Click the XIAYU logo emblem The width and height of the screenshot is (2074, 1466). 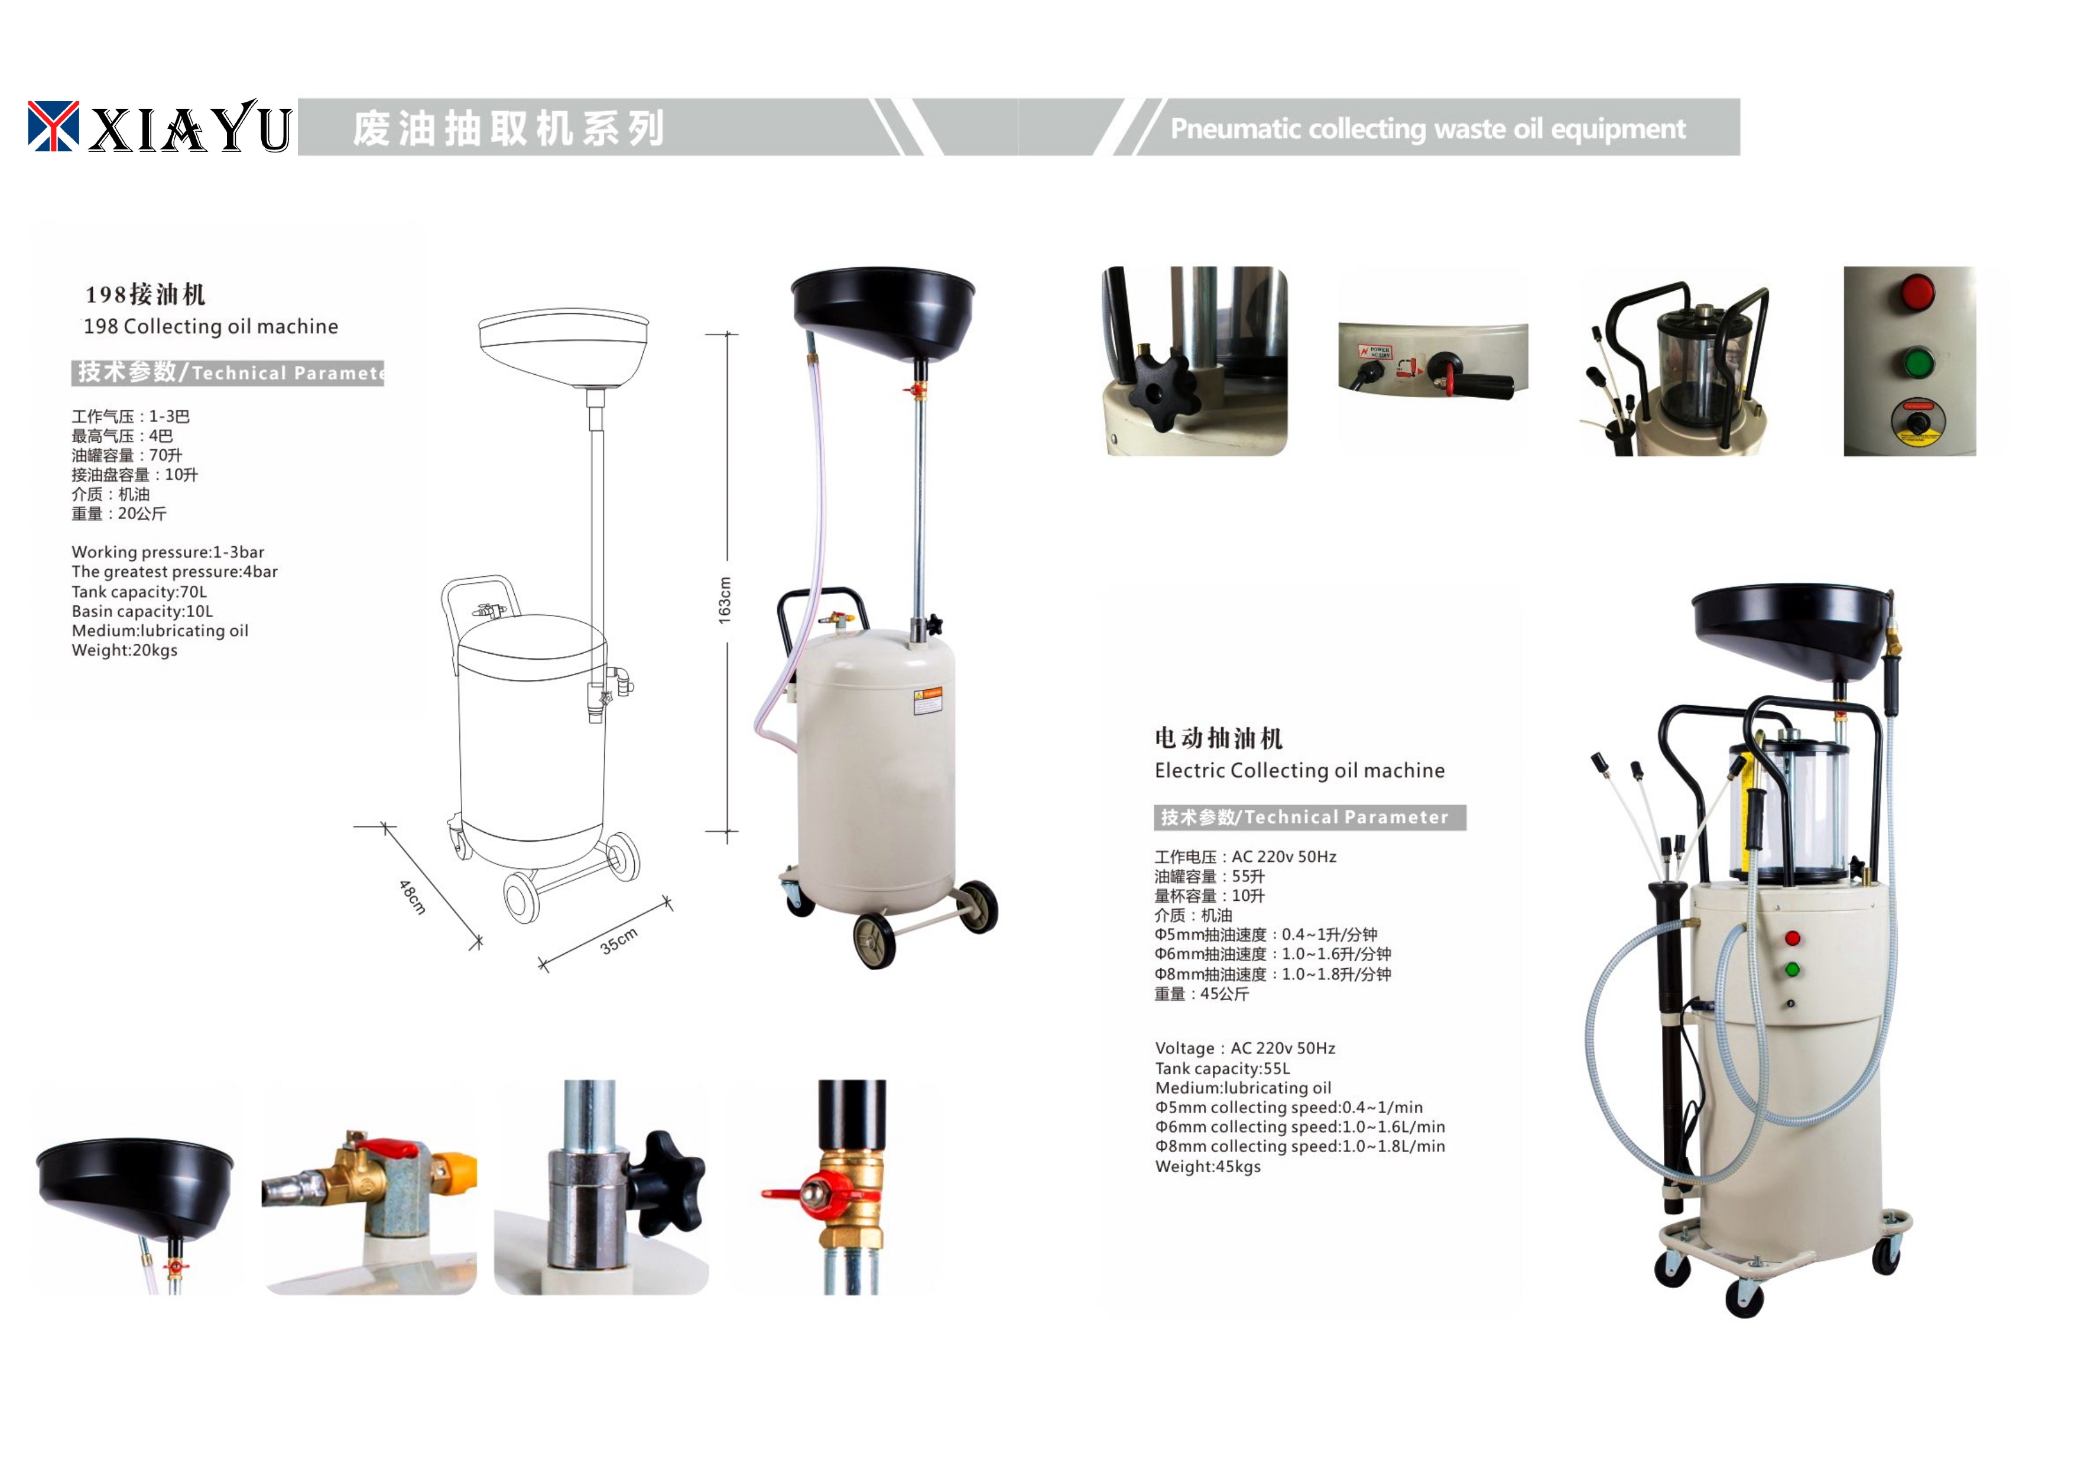[x=53, y=125]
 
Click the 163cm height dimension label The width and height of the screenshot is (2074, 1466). [x=725, y=600]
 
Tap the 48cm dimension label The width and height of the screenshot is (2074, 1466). [x=412, y=897]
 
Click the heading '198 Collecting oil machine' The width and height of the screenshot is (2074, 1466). [x=210, y=326]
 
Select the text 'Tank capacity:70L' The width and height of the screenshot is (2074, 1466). [x=139, y=592]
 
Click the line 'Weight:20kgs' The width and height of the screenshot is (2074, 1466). [x=125, y=650]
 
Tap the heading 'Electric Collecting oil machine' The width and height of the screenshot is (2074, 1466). [x=1299, y=770]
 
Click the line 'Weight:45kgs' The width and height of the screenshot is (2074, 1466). [x=1208, y=1167]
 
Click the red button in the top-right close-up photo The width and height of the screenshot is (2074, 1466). [x=1917, y=293]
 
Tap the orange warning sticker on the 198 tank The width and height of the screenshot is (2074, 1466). [x=928, y=701]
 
